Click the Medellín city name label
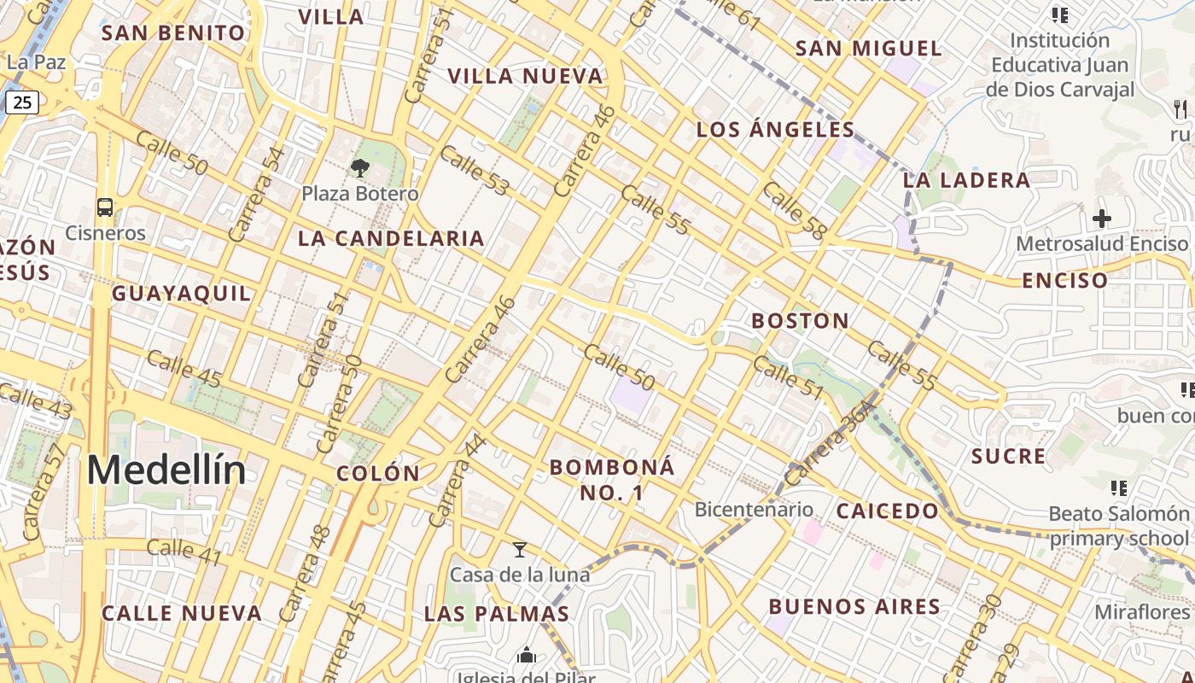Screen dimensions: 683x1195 pyautogui.click(x=166, y=470)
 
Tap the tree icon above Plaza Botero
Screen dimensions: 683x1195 pyautogui.click(x=360, y=167)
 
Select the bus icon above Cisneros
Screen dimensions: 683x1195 pyautogui.click(x=105, y=207)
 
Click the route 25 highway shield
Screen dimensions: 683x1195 pyautogui.click(x=22, y=103)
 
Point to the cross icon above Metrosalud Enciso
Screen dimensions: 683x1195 pyautogui.click(x=1102, y=219)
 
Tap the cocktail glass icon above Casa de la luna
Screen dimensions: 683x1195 pyautogui.click(x=519, y=550)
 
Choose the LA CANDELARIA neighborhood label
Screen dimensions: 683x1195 pyautogui.click(x=391, y=238)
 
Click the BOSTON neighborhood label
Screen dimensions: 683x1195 pyautogui.click(x=800, y=321)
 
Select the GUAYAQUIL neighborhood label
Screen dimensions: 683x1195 pyautogui.click(x=182, y=294)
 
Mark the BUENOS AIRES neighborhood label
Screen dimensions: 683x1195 pyautogui.click(x=854, y=607)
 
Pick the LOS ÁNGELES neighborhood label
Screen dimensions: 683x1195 pyautogui.click(x=775, y=130)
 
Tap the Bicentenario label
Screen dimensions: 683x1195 pyautogui.click(x=754, y=510)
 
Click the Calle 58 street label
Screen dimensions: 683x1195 pyautogui.click(x=795, y=211)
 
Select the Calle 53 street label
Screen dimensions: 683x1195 pyautogui.click(x=474, y=171)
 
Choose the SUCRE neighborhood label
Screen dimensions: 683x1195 pyautogui.click(x=1008, y=456)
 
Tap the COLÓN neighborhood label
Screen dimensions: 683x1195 pyautogui.click(x=378, y=474)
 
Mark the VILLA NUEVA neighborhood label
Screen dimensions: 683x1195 pyautogui.click(x=526, y=76)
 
